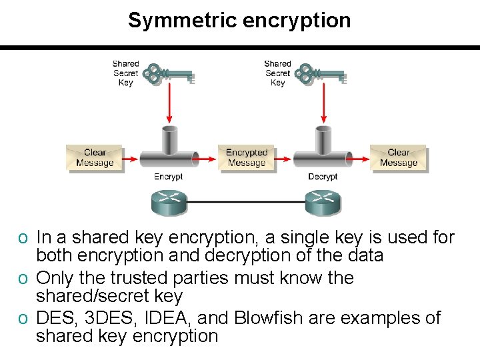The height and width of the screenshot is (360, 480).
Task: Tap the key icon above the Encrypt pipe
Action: (169, 73)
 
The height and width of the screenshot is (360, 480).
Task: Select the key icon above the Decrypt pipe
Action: (321, 73)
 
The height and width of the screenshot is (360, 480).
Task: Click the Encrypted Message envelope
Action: (247, 158)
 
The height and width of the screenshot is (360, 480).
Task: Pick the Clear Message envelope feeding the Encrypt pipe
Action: (95, 158)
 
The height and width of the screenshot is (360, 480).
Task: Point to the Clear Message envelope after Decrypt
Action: (399, 158)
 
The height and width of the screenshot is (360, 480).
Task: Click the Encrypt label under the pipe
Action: (169, 177)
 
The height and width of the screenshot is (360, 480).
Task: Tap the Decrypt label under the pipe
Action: (323, 177)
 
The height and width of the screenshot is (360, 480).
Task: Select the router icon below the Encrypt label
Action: (169, 202)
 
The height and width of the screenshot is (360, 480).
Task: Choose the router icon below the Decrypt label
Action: (323, 202)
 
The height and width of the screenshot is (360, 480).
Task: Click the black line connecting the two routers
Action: (246, 202)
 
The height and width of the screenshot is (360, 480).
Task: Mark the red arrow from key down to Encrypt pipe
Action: (169, 103)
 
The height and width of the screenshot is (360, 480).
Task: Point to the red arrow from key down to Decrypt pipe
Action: (323, 103)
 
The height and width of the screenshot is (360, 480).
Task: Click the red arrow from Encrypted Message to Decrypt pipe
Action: (282, 159)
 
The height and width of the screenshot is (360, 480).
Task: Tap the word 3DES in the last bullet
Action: (109, 318)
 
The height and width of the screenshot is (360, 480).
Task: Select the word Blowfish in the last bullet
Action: (269, 318)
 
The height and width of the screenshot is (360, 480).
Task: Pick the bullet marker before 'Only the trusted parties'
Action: (23, 279)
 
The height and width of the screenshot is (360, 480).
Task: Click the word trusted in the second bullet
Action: (139, 278)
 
